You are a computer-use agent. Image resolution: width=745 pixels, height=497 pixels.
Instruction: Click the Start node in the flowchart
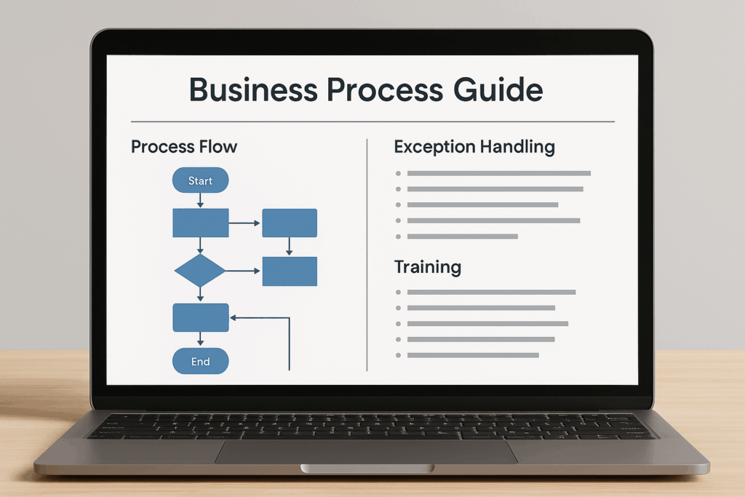[200, 180]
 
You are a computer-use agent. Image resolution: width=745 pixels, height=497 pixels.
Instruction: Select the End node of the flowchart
[200, 361]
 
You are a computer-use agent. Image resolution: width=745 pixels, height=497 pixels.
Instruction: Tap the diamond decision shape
[200, 271]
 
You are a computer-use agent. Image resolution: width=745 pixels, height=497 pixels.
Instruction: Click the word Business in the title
[252, 90]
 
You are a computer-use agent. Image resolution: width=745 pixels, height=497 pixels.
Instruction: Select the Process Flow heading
[184, 147]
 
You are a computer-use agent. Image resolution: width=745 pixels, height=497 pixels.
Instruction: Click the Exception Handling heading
[474, 147]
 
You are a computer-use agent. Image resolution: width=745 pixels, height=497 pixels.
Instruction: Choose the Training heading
[428, 267]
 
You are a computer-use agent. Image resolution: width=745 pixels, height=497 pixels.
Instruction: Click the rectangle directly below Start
[200, 223]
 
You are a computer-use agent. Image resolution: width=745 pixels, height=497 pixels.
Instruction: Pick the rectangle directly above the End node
[200, 317]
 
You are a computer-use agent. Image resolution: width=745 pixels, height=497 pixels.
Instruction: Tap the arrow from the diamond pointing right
[243, 271]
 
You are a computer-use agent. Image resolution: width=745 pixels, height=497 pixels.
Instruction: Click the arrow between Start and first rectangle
[200, 200]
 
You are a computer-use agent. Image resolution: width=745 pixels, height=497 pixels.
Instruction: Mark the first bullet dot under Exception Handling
[398, 173]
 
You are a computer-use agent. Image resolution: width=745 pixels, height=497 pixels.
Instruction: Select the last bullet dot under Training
[398, 355]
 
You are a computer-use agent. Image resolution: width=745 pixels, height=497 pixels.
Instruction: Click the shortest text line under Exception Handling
[463, 236]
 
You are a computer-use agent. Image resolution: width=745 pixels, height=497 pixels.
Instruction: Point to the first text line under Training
[492, 292]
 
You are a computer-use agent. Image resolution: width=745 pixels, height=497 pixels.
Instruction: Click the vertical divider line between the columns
[367, 255]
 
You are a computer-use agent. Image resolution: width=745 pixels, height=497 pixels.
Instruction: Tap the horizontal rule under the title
[372, 122]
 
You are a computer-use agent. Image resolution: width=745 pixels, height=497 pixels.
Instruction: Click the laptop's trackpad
[365, 451]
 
